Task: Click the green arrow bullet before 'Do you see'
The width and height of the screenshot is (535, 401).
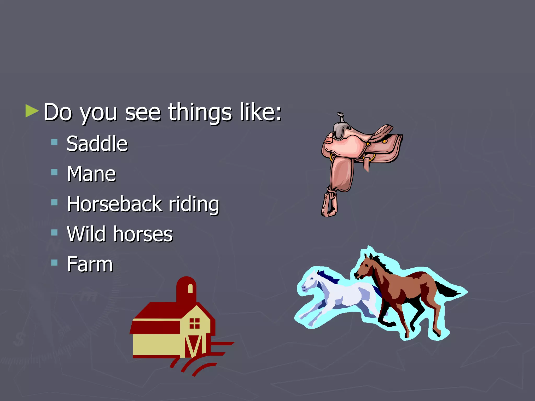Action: coord(32,111)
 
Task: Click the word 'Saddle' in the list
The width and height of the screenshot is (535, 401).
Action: coord(97,144)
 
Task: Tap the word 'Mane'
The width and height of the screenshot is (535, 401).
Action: coord(91,174)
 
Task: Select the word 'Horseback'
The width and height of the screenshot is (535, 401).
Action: coord(114,204)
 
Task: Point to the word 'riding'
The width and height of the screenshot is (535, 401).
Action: coord(194,204)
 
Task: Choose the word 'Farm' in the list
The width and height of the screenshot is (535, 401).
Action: coord(90,264)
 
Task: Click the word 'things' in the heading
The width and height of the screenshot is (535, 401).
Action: coord(200,113)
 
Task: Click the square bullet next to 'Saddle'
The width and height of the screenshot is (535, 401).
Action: coord(54,142)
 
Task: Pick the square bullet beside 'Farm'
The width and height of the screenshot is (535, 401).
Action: coord(54,262)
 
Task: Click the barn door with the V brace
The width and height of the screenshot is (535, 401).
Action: coord(194,346)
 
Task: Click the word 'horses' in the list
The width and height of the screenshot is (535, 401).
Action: coord(143,234)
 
